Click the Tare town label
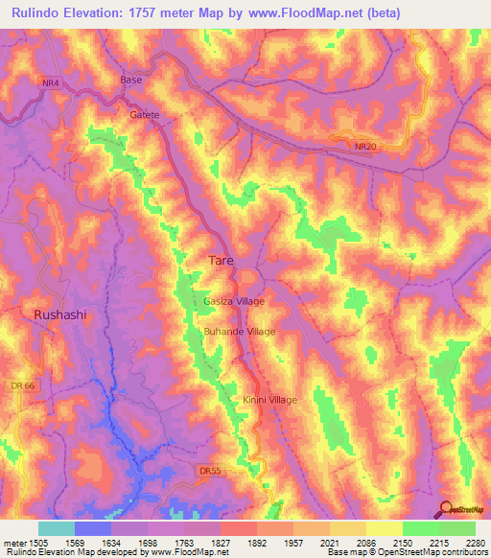(221, 260)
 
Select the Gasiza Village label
(233, 301)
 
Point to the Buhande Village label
(239, 332)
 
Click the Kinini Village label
(269, 400)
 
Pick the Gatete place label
(144, 114)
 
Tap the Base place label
(131, 80)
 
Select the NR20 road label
(365, 146)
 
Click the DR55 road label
(210, 471)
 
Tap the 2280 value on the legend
(475, 543)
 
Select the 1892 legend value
(258, 543)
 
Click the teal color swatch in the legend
(56, 528)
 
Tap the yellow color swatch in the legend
(384, 528)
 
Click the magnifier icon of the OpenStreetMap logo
(446, 508)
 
